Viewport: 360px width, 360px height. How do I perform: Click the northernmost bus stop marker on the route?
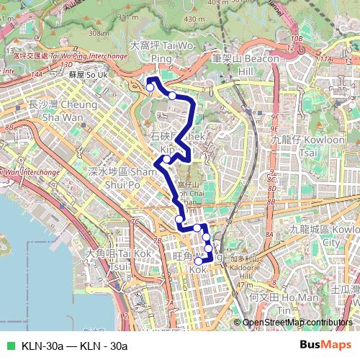click(150, 88)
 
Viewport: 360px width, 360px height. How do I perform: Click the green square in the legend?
click(9, 345)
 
